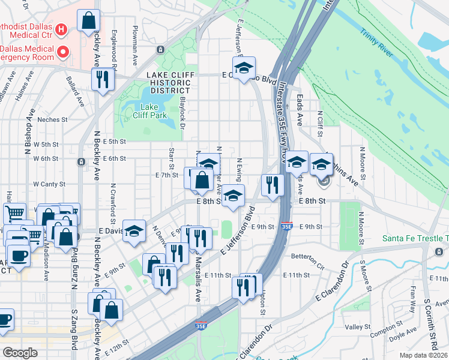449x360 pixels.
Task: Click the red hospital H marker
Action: [60, 29]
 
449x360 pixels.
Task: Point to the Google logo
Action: [20, 353]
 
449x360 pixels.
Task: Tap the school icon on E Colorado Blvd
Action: [244, 68]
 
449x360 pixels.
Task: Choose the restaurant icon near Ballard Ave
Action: [101, 78]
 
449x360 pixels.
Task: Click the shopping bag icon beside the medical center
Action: [88, 20]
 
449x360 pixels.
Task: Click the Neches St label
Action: [52, 119]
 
